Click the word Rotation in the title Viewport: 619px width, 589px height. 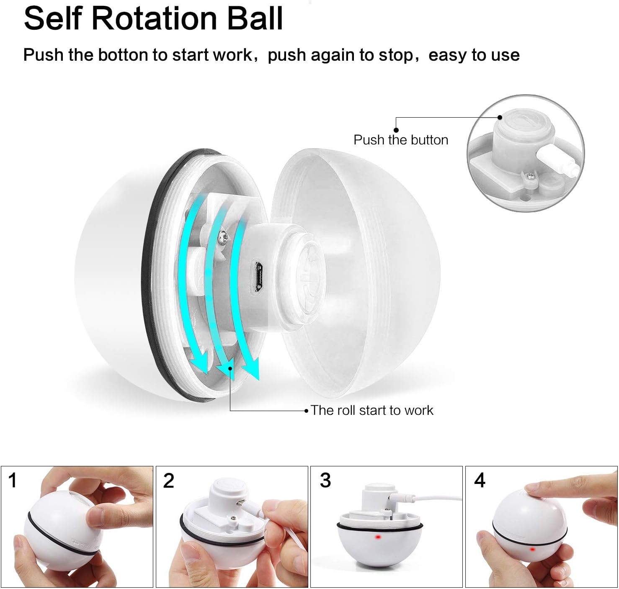pos(155,18)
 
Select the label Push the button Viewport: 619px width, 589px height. pos(401,140)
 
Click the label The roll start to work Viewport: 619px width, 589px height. pos(372,410)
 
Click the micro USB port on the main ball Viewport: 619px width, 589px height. pos(259,276)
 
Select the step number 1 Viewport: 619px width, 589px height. pos(13,481)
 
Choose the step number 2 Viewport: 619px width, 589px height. pos(169,481)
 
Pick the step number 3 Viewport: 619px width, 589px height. pos(325,481)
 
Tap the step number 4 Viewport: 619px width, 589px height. pos(480,481)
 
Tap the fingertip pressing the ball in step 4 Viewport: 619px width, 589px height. pos(534,488)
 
